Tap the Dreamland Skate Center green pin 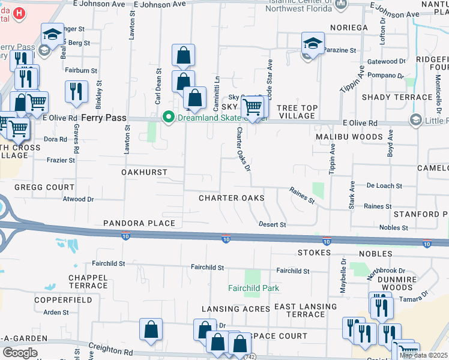[169, 117]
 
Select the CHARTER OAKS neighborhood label [232, 197]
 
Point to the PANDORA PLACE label [139, 223]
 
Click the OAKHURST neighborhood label [144, 172]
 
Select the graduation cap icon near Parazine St [312, 43]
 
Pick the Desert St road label [273, 224]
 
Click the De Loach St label [384, 186]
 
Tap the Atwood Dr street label [79, 199]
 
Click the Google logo [20, 353]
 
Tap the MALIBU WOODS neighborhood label [349, 137]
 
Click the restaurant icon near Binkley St [76, 91]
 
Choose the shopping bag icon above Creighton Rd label [151, 329]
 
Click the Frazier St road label [62, 160]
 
